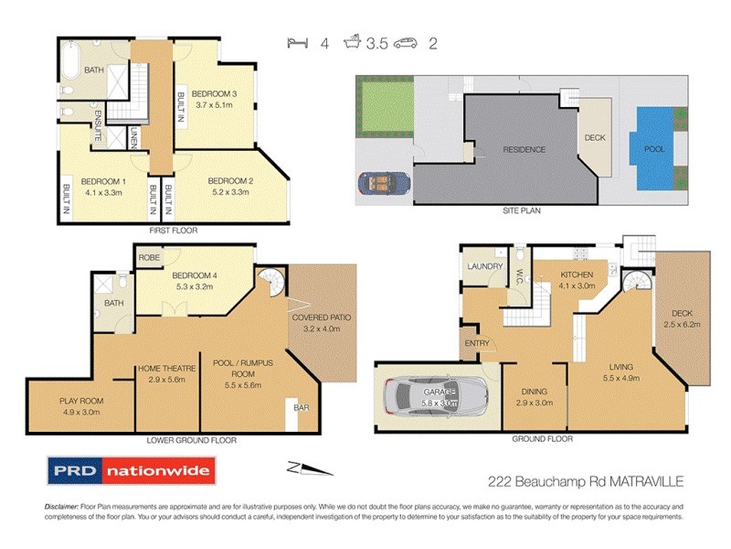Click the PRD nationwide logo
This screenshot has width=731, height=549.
(131, 472)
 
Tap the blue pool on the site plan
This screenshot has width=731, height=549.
(654, 149)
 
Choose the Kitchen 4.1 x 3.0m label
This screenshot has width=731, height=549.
(576, 280)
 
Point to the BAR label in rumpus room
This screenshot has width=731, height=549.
(300, 408)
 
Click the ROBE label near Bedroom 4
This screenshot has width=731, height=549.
(150, 258)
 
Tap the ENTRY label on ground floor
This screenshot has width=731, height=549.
(478, 344)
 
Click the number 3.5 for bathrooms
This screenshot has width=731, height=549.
(374, 41)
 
